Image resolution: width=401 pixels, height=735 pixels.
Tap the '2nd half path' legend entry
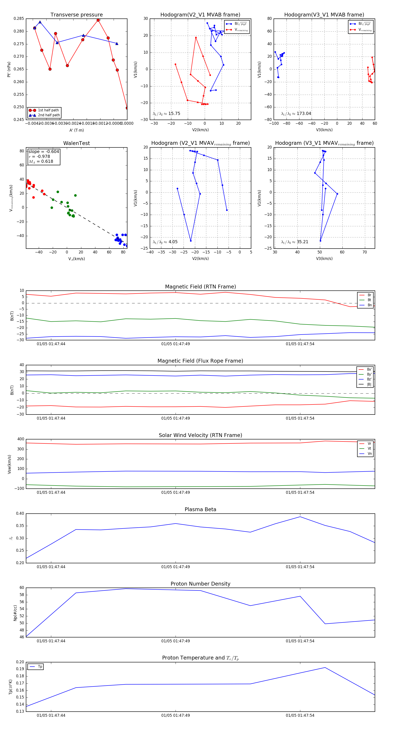point(49,115)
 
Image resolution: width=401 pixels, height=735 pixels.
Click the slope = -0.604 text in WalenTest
point(44,151)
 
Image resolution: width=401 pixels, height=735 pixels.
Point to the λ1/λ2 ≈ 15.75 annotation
point(166,114)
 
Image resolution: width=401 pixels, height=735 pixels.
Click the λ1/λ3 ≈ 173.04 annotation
point(296,114)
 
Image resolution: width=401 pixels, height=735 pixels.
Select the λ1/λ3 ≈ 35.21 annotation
point(295,242)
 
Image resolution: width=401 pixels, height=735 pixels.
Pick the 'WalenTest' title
point(76,143)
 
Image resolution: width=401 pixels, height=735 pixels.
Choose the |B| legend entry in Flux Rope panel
point(369,384)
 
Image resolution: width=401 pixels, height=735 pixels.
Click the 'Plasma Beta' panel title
point(200,510)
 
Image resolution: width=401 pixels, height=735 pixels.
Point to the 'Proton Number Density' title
point(200,584)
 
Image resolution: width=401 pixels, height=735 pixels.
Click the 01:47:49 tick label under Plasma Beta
point(175,567)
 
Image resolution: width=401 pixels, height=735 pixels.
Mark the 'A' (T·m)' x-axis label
point(76,130)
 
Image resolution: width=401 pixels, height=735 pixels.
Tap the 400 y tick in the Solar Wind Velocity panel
point(20,439)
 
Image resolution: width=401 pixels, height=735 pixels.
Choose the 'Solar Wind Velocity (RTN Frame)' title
point(200,435)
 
